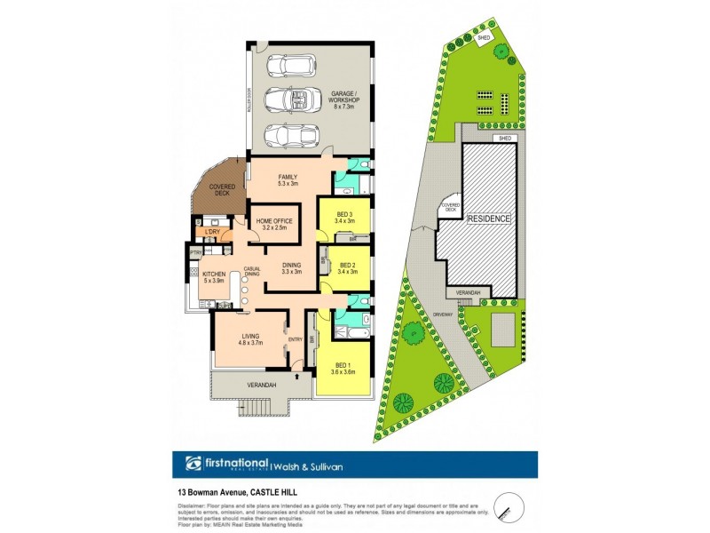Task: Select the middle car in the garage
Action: coord(290,100)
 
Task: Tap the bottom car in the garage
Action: coord(290,136)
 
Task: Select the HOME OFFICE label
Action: coord(274,224)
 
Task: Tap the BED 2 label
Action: coord(346,268)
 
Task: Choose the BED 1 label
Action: coord(343,369)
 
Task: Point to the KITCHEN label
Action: coord(213,277)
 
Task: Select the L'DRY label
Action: coord(211,233)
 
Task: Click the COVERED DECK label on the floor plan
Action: coord(221,189)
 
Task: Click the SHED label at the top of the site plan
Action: coord(484,38)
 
